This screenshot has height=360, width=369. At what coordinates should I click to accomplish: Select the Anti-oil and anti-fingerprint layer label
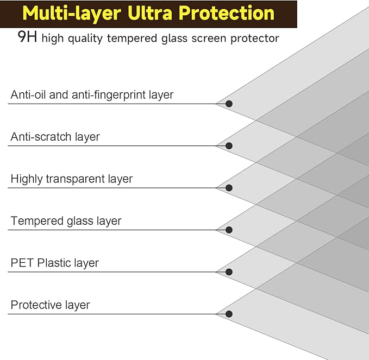92,94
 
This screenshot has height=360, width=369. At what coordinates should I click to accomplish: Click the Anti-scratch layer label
55,137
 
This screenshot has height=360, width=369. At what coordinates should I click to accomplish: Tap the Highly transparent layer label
71,179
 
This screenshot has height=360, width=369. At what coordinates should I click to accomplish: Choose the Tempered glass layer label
66,221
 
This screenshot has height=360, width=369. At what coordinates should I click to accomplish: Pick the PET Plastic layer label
54,263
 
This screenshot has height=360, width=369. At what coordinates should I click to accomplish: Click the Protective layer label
50,305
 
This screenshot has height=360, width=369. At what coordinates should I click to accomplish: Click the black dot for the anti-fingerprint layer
229,104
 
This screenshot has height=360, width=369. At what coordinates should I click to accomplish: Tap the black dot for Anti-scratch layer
229,146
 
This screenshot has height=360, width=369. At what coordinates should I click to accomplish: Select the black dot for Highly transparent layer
229,188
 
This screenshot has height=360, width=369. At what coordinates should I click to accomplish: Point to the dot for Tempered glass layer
229,230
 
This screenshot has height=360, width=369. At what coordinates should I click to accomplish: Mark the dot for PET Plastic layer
229,272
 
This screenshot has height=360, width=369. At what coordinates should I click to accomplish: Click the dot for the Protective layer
229,314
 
